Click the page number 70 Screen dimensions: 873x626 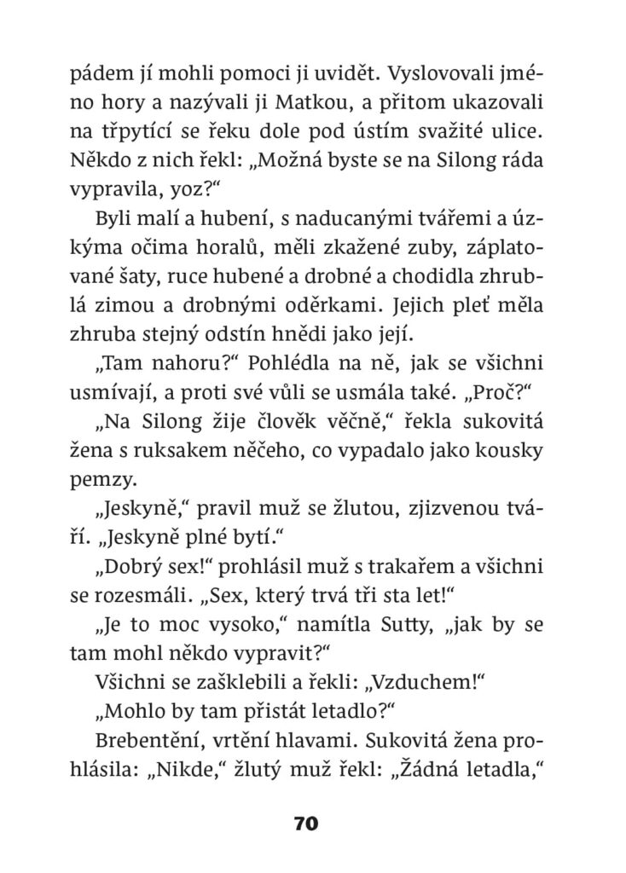pos(306,824)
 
